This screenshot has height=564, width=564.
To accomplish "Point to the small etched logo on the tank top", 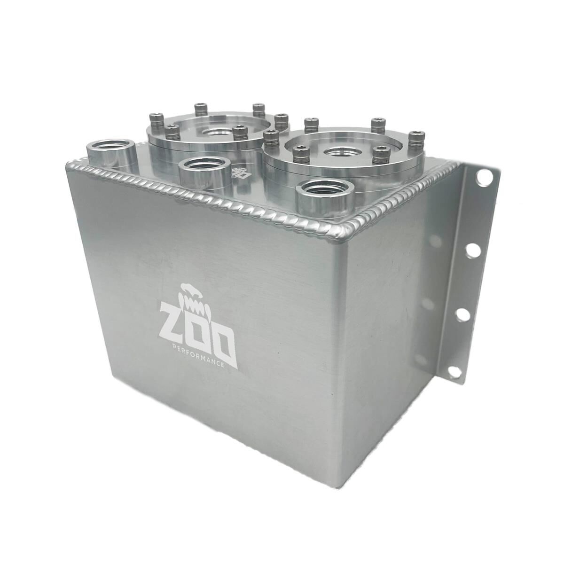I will [239, 172].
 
